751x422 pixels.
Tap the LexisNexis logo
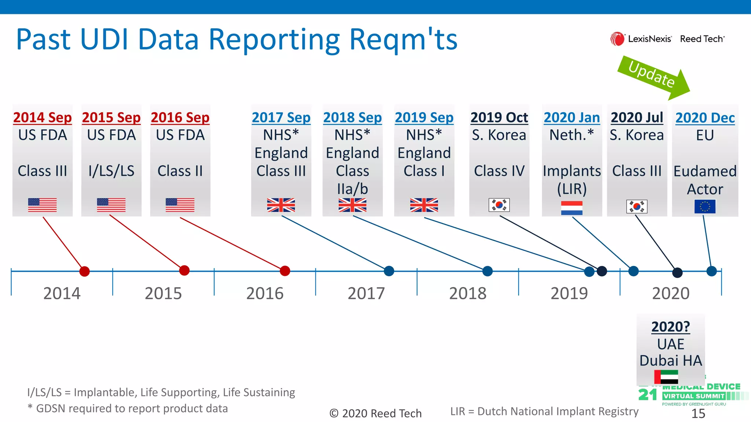pos(641,39)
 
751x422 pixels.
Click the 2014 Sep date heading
pos(43,117)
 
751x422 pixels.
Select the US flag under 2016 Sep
pos(180,205)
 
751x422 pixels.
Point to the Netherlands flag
pos(572,208)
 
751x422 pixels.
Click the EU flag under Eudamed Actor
pos(705,207)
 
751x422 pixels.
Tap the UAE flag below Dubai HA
pos(666,377)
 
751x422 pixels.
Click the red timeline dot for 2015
pos(184,271)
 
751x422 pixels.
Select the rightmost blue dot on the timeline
pos(711,271)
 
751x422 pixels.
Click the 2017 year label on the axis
pos(366,293)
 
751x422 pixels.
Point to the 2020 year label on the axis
pos(670,293)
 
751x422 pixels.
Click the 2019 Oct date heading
pos(499,117)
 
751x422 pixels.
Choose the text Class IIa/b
pos(352,180)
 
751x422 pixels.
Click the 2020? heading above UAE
pos(670,326)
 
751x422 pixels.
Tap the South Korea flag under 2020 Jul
pos(637,207)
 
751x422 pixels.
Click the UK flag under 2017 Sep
pos(281,205)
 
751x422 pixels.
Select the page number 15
pos(698,414)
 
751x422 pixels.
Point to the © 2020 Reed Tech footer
pos(375,413)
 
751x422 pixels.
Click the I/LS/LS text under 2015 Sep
pos(111,171)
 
